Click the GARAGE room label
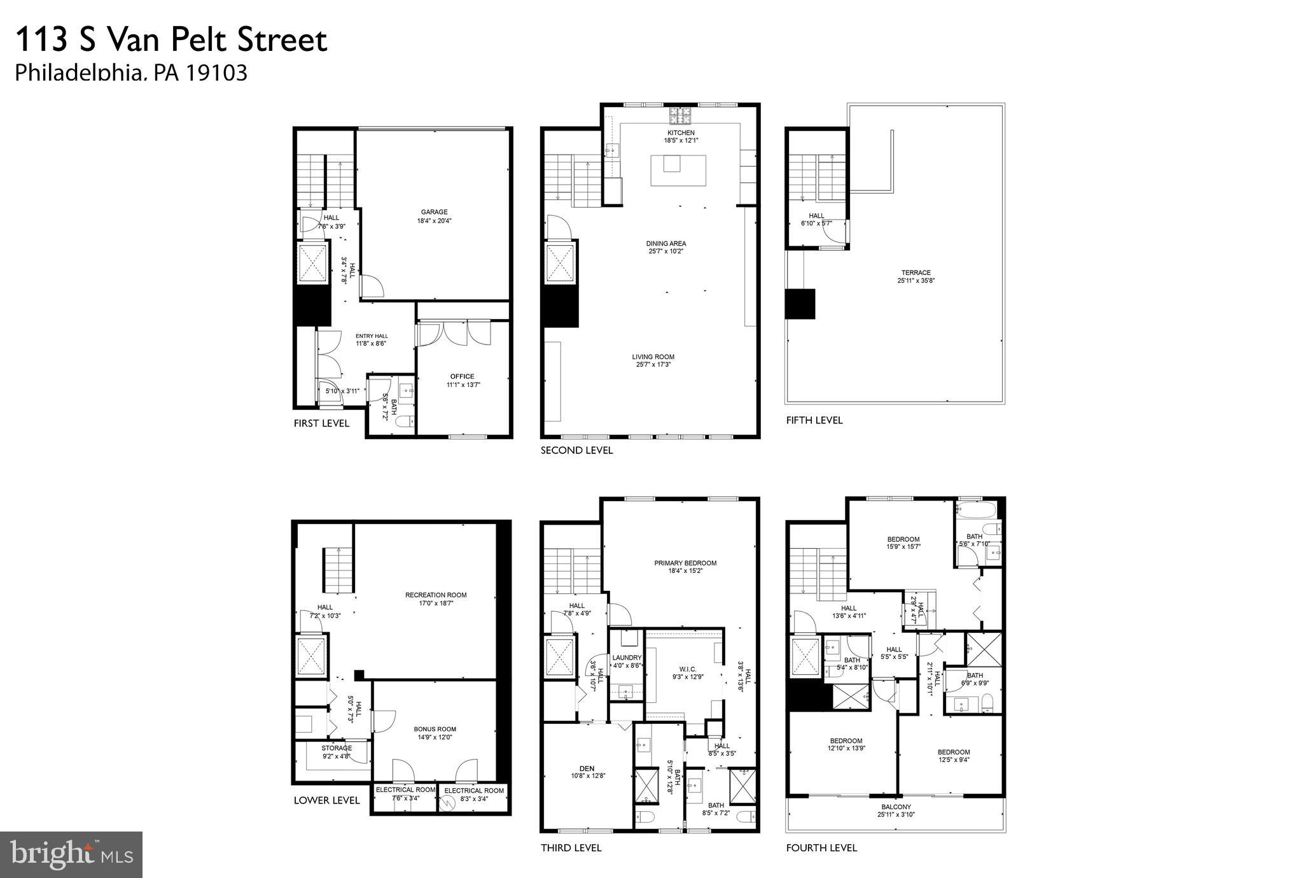pos(434,213)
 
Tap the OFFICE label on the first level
pos(462,376)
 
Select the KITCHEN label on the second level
pos(681,133)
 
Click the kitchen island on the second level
pos(678,170)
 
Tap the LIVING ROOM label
pos(653,357)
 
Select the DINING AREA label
pos(666,243)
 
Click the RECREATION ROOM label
pos(436,595)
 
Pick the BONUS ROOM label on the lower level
pos(435,730)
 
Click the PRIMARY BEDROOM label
pos(685,563)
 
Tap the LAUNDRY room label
pos(627,658)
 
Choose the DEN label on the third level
pos(587,768)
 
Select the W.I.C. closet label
pos(688,669)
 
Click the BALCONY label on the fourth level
pos(896,807)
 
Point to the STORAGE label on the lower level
pos(337,748)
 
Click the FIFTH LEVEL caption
pos(814,420)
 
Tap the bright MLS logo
pos(71,854)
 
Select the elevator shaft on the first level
pos(313,262)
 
